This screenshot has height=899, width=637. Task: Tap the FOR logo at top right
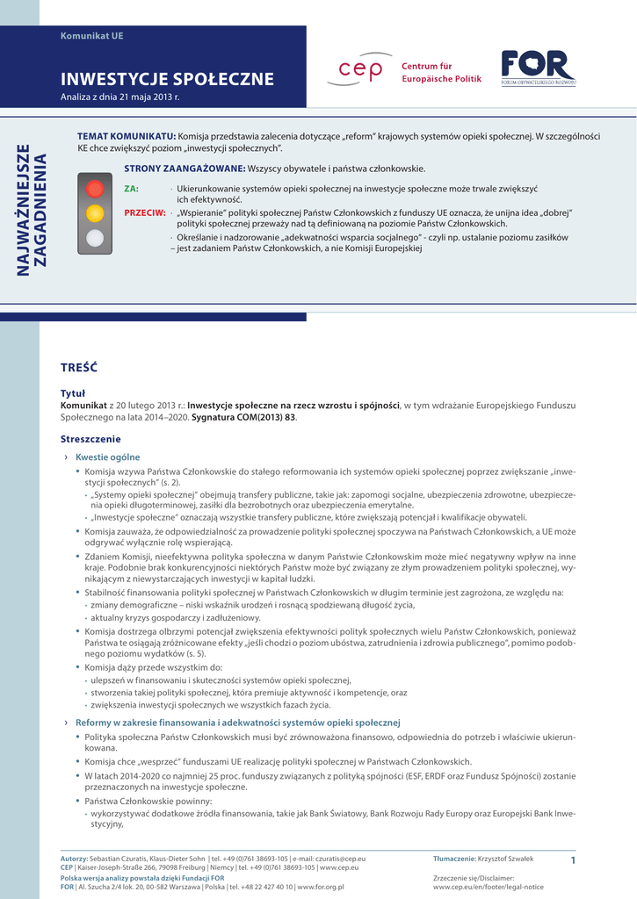tap(539, 68)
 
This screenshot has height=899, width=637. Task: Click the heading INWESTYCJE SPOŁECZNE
tap(167, 80)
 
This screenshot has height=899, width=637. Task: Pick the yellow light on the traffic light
tap(95, 212)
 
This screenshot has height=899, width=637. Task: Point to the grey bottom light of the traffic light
tap(95, 237)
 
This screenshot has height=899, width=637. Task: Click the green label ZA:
tap(131, 189)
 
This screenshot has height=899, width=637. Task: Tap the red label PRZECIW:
tap(144, 212)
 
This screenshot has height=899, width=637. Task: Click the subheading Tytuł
tap(72, 393)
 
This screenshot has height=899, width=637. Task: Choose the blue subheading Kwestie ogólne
tap(107, 457)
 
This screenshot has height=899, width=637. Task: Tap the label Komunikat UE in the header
tap(91, 36)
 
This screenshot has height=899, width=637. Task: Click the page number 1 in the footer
tap(572, 859)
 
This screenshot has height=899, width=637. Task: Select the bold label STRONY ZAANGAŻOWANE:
tap(185, 168)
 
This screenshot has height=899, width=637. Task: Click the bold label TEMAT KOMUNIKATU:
tap(127, 136)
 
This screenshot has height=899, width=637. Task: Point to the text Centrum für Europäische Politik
tap(441, 73)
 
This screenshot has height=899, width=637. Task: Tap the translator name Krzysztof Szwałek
tap(505, 858)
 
